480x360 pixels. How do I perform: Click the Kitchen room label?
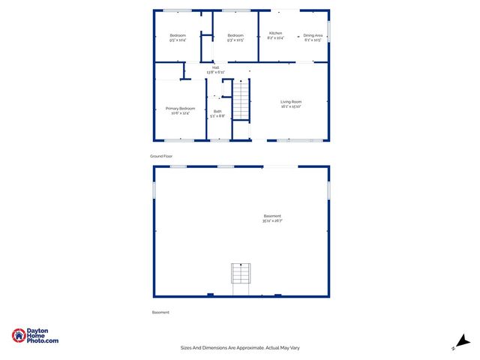(275, 34)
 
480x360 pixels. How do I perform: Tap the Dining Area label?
(313, 35)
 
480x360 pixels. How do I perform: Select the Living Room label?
(291, 102)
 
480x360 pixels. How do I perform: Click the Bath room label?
(217, 112)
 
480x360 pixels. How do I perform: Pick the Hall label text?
(216, 67)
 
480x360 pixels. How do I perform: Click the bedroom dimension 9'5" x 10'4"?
(178, 40)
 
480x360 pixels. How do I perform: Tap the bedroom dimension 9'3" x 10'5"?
(235, 40)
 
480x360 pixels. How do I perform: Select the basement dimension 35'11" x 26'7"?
(272, 221)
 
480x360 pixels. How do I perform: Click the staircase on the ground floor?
(241, 101)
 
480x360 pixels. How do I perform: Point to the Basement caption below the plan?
(160, 312)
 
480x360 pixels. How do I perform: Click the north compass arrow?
(463, 341)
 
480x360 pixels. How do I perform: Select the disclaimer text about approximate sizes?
(240, 347)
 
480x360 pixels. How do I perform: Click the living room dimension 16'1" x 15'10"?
(291, 107)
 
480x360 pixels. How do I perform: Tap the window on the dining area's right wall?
(328, 31)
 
